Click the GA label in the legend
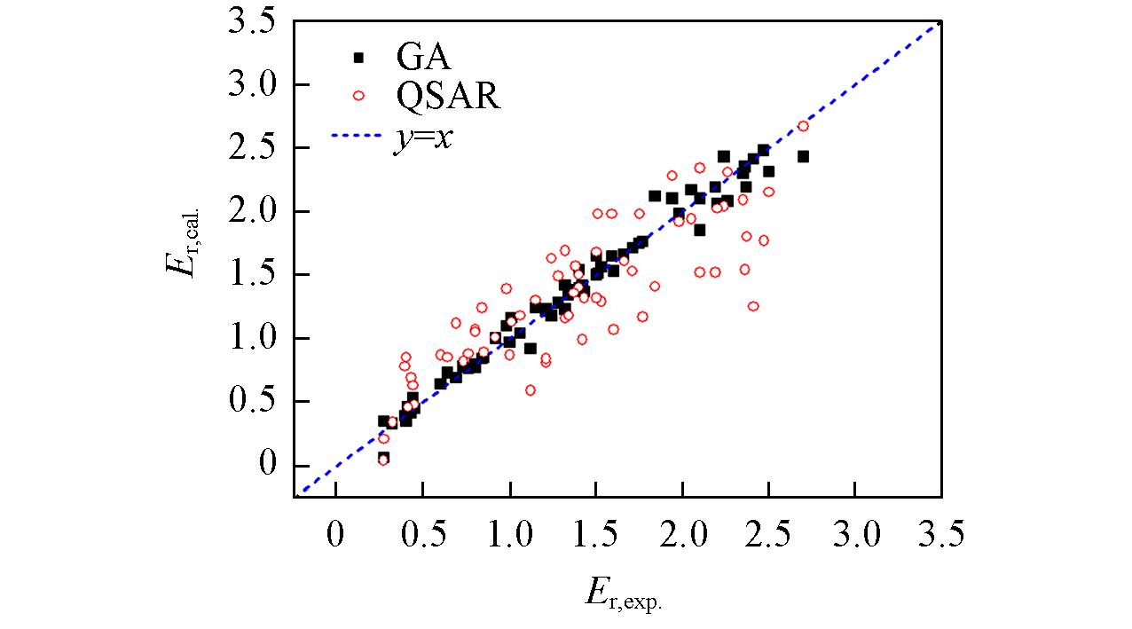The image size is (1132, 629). [x=423, y=59]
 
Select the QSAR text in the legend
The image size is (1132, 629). [x=448, y=97]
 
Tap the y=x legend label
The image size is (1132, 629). [x=423, y=138]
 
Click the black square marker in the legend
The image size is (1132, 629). [x=358, y=59]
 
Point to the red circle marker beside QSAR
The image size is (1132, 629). [x=358, y=97]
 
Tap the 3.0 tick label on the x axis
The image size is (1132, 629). [x=853, y=535]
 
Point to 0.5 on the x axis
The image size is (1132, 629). [x=422, y=535]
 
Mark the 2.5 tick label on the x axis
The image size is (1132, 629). [x=767, y=535]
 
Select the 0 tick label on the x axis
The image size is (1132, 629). [x=335, y=535]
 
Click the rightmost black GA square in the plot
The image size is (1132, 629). [x=803, y=156]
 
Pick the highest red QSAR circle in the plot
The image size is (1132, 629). [x=803, y=126]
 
